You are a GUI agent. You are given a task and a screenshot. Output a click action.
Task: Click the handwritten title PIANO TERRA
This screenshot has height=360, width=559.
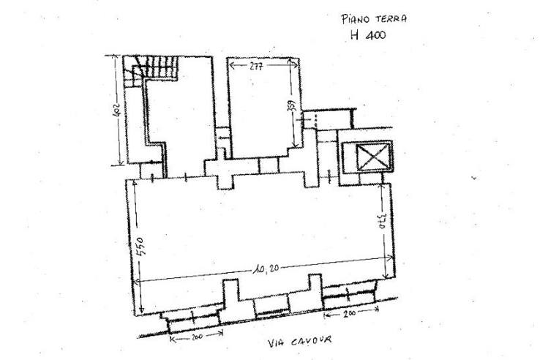coord(374,18)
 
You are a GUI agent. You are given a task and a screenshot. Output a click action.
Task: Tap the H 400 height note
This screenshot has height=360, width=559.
coord(368,35)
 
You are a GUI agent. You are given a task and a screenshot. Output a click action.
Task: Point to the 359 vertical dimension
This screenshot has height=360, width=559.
coord(291,106)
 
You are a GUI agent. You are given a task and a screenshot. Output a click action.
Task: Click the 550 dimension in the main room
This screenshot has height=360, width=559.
coord(140,247)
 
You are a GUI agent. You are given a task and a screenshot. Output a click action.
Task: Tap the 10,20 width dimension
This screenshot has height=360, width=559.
coord(266,269)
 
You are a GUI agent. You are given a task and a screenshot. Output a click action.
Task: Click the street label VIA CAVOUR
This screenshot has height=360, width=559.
coord(299,341)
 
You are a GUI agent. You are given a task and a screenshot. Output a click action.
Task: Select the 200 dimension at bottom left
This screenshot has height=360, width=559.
coord(197,337)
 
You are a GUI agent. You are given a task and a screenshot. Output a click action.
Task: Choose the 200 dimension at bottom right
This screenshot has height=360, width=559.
coord(350,314)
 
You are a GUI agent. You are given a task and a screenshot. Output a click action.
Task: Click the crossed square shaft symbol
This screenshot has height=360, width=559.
coord(372,157)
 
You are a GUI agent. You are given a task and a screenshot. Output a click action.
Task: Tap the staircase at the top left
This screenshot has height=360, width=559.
coord(151,70)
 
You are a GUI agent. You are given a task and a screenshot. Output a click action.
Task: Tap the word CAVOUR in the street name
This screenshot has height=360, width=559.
coord(311,341)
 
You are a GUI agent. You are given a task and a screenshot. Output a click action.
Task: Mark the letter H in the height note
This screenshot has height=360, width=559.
coord(354,35)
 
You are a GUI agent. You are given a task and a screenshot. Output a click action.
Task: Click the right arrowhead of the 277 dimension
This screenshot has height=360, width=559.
coord(294,64)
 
